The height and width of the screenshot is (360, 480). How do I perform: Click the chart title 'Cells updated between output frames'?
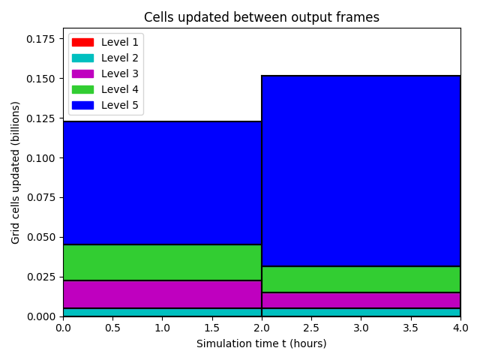click(x=262, y=17)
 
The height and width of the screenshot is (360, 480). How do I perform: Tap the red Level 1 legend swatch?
click(x=82, y=42)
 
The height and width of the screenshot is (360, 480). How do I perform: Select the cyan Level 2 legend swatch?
click(x=82, y=58)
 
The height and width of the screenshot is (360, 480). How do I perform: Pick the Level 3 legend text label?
click(x=120, y=73)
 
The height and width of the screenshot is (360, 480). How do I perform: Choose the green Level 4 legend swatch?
click(x=82, y=89)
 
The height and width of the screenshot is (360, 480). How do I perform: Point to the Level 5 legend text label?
click(x=120, y=105)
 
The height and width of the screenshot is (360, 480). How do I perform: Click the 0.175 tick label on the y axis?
click(x=40, y=39)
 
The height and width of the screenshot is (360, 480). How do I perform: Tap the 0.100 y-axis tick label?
click(x=40, y=158)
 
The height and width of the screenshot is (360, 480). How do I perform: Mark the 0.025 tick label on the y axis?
click(x=40, y=277)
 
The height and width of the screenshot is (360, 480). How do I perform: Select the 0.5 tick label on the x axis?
click(x=112, y=328)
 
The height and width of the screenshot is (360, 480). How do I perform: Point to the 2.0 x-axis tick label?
click(x=262, y=328)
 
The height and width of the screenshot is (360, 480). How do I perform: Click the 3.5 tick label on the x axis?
click(x=410, y=328)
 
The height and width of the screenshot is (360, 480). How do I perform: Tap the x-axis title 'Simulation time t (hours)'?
click(x=262, y=343)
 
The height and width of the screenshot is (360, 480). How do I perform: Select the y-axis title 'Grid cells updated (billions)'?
click(x=15, y=172)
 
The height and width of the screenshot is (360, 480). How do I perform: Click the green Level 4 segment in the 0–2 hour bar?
click(x=162, y=262)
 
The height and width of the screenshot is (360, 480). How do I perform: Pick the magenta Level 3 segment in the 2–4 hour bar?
click(x=361, y=300)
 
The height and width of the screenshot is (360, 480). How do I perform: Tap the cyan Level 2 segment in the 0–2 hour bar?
click(x=162, y=312)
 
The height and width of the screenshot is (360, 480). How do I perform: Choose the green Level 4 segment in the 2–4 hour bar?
click(x=361, y=280)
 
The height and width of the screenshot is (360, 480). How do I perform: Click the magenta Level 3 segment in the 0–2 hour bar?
click(x=162, y=294)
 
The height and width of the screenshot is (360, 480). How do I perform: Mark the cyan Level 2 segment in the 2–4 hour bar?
click(x=361, y=312)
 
